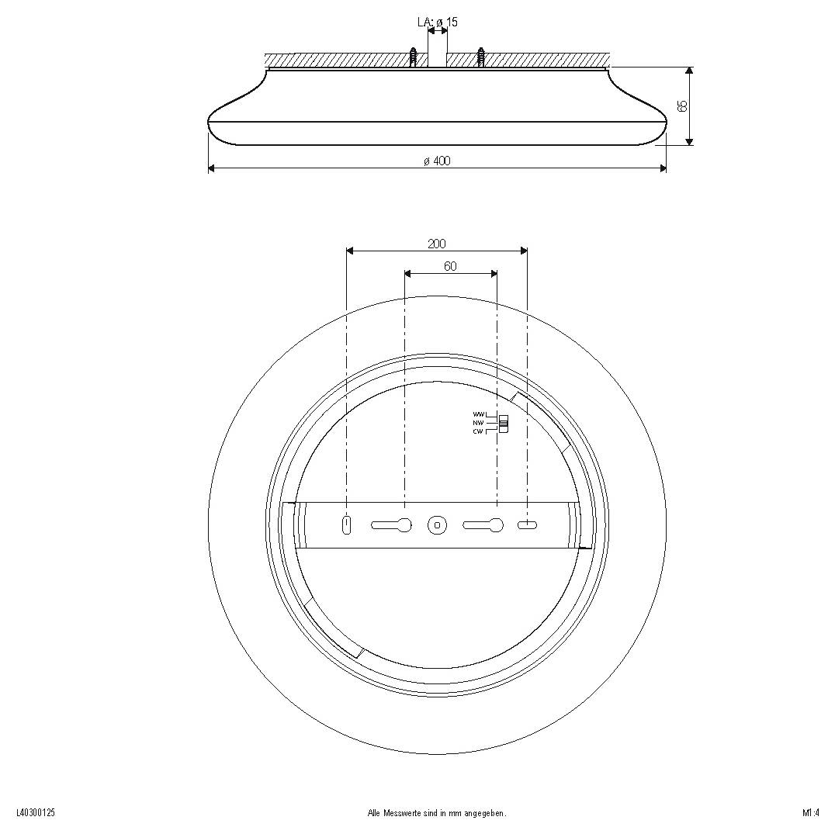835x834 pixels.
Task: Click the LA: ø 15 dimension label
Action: tap(437, 22)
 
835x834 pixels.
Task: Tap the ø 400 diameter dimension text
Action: tap(437, 161)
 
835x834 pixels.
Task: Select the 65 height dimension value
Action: tap(683, 106)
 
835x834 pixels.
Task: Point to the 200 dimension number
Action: tap(437, 244)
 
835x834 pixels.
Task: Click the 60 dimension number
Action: tap(450, 266)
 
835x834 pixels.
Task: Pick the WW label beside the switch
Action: tap(478, 415)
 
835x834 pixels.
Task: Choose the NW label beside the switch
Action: tap(478, 423)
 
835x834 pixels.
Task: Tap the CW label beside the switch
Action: tap(478, 431)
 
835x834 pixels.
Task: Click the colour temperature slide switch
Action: tap(504, 424)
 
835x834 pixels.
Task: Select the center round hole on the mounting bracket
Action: tap(437, 525)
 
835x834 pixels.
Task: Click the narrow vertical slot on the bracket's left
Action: tap(346, 525)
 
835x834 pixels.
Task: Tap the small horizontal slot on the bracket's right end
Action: tap(527, 525)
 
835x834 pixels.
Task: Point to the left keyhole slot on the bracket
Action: tap(393, 525)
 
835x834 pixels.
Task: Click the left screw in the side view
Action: tap(414, 58)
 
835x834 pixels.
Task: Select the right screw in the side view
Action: tap(482, 58)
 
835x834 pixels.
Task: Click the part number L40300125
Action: tap(35, 813)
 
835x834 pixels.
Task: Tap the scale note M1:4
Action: tap(811, 813)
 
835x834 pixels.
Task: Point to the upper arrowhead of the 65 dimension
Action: tap(689, 71)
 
